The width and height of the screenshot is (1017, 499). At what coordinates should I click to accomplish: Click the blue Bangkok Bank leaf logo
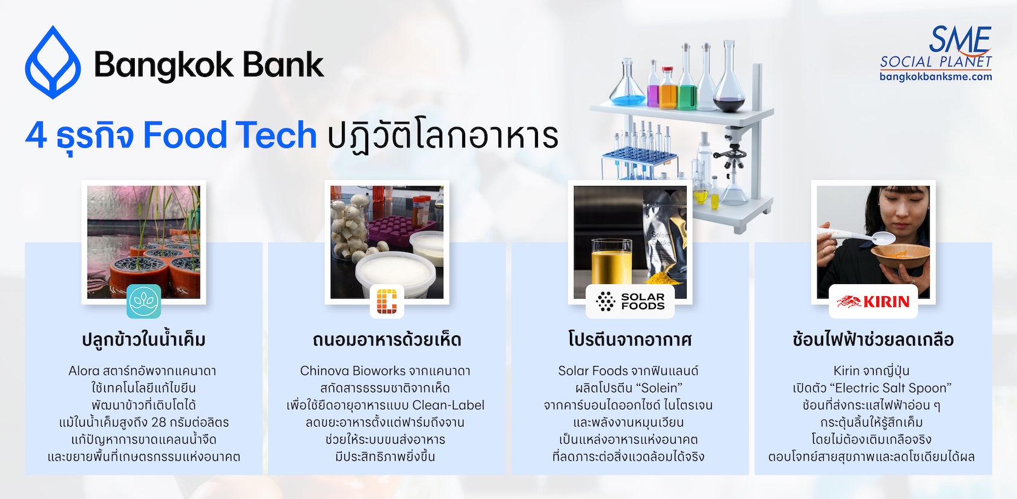pyautogui.click(x=53, y=62)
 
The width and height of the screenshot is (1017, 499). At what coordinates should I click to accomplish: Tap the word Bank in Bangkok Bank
pyautogui.click(x=283, y=64)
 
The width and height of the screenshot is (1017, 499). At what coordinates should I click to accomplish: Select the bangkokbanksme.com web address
pyautogui.click(x=936, y=76)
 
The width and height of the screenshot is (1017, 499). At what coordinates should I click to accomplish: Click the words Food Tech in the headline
pyautogui.click(x=230, y=135)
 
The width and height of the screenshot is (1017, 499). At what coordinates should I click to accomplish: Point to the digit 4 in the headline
pyautogui.click(x=36, y=135)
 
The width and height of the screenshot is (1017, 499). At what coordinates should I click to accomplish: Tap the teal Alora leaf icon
pyautogui.click(x=143, y=301)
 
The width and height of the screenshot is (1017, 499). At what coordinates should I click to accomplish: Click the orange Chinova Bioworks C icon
pyautogui.click(x=387, y=301)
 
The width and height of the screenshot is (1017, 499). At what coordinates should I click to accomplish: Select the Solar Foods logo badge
pyautogui.click(x=630, y=301)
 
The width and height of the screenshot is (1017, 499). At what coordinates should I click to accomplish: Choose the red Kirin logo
pyautogui.click(x=873, y=301)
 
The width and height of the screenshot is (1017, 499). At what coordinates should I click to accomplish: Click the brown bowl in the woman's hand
pyautogui.click(x=900, y=256)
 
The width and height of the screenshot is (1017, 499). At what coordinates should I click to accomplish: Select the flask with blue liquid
pyautogui.click(x=627, y=83)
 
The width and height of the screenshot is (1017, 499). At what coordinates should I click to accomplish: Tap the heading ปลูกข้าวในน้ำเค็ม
pyautogui.click(x=143, y=339)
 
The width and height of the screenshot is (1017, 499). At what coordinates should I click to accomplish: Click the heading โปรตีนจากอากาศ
pyautogui.click(x=630, y=339)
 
